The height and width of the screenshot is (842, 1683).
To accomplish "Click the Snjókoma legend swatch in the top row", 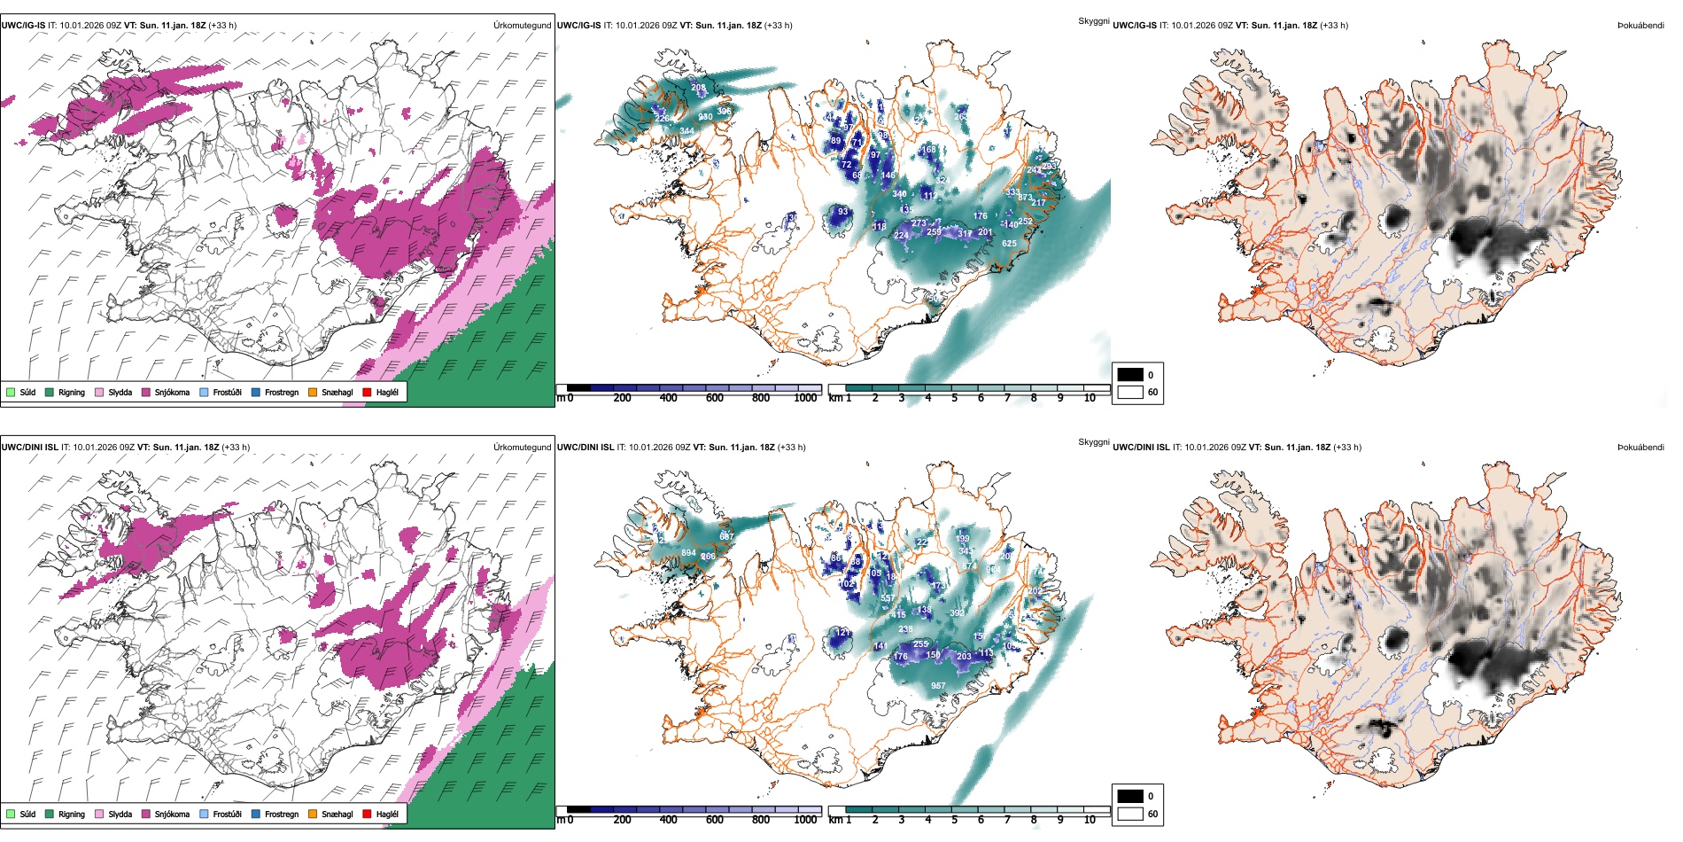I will click(146, 392).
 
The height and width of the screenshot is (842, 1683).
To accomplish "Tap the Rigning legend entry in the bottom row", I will click(72, 814).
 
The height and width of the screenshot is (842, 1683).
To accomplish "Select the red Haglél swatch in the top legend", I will click(367, 392).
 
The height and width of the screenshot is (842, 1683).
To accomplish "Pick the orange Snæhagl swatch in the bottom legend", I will click(313, 814).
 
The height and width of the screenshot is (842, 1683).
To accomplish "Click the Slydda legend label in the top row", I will click(120, 392).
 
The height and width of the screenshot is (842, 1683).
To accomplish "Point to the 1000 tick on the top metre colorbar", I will click(805, 398).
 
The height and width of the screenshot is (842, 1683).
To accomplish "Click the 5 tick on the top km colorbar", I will click(955, 398).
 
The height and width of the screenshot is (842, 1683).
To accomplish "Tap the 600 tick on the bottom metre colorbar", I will click(715, 820).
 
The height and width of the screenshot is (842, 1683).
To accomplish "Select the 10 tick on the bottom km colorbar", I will click(1090, 820).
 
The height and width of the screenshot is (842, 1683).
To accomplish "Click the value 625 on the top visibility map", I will click(1009, 244).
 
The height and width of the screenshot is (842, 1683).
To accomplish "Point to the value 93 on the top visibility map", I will click(843, 212).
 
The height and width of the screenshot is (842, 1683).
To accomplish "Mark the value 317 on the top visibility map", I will click(965, 234).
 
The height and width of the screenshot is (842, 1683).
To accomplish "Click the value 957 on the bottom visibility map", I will click(938, 685).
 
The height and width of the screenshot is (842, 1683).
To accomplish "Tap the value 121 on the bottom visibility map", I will click(842, 632).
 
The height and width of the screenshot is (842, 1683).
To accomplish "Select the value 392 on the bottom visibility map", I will click(957, 612).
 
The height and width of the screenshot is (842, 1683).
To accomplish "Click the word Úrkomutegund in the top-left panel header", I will click(522, 26).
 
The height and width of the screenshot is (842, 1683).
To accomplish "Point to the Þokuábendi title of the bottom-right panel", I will click(1640, 448).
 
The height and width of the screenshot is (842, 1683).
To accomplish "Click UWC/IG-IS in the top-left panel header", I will click(24, 26).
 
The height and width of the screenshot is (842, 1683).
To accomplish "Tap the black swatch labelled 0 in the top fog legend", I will click(1130, 375).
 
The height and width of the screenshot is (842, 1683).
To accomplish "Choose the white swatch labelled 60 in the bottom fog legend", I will click(1130, 814).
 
